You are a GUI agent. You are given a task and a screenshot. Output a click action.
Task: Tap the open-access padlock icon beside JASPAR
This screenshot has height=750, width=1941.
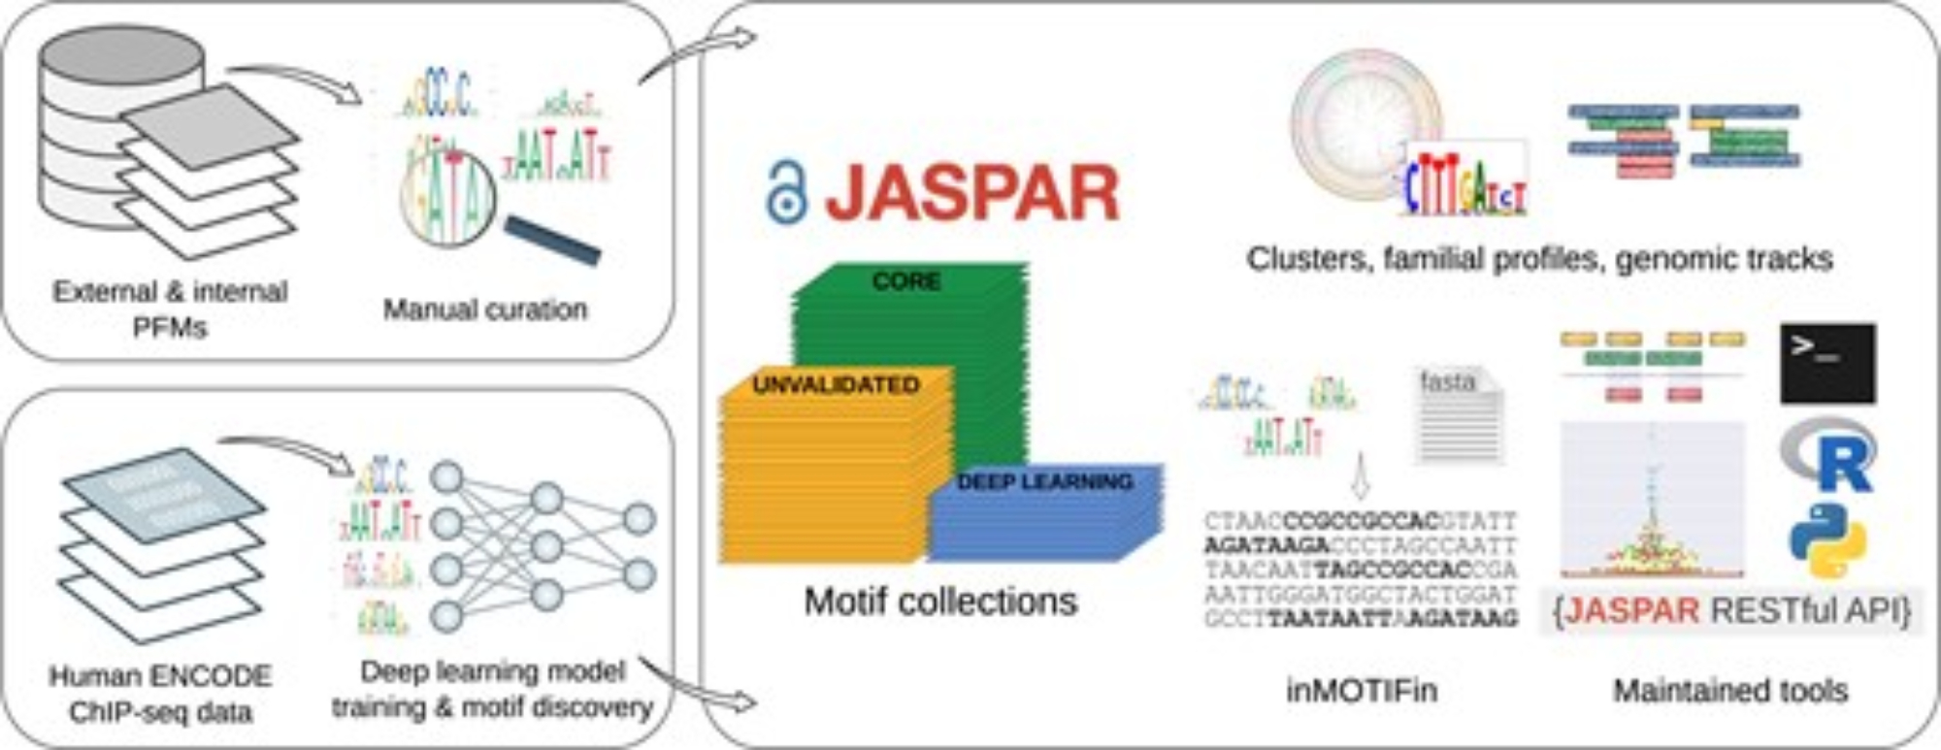coord(785,193)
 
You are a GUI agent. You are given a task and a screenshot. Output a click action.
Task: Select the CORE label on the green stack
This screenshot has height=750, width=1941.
coord(905,281)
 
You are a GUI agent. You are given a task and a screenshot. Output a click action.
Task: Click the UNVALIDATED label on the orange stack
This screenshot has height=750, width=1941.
coord(836,385)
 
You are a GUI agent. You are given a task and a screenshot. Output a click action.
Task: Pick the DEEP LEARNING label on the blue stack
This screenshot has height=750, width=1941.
coord(1044,481)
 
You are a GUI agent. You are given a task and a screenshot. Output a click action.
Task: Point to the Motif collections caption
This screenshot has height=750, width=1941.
coord(940,602)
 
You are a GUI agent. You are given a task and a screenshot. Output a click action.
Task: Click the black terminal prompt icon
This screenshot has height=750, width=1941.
coord(1827,363)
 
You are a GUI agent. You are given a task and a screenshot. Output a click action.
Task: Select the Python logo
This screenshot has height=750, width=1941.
coord(1827,541)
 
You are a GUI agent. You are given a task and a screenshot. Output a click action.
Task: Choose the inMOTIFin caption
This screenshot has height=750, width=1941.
coord(1362,690)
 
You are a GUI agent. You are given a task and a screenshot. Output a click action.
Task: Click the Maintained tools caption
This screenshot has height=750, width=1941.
coord(1730,690)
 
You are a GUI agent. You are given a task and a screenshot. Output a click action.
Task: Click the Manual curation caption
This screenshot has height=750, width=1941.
coord(485,310)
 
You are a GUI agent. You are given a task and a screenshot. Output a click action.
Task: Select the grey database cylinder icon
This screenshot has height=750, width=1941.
coord(97,126)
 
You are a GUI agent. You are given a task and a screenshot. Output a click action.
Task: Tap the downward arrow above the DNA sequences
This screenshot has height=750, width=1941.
coord(1360,475)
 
